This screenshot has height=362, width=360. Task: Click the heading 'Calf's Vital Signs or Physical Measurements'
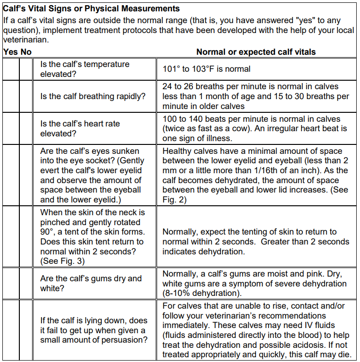point(92,8)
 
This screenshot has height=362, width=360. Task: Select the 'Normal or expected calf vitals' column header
point(256,52)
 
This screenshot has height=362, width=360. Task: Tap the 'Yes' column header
point(10,52)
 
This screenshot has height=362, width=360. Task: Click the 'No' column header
point(26,52)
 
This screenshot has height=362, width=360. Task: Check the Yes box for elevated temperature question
point(10,69)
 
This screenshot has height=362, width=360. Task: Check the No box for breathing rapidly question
point(26,96)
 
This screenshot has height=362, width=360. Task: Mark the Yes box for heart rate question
point(10,129)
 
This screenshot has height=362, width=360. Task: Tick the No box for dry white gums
point(26,283)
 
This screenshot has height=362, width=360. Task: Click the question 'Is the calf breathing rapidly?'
point(92,96)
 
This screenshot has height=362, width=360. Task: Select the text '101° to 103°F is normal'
point(207,69)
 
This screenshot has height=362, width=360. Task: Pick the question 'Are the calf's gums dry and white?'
point(91,283)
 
